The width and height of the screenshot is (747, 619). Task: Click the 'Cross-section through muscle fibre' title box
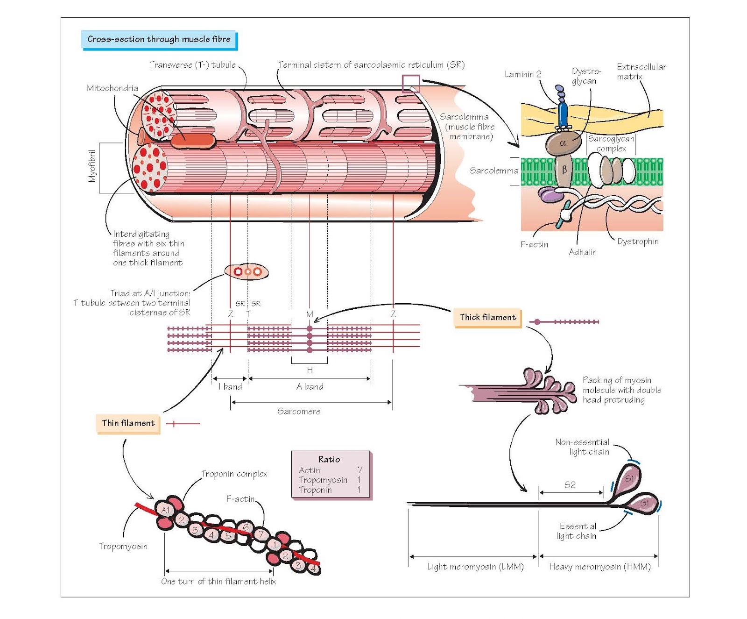coord(159,39)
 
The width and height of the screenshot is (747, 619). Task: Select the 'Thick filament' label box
coord(487,317)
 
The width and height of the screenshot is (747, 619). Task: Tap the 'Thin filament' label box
coord(128,423)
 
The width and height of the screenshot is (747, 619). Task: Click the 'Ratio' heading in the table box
coord(329,459)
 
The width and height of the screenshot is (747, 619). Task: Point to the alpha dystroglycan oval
coord(562,143)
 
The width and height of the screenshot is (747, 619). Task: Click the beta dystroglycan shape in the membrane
coord(564,170)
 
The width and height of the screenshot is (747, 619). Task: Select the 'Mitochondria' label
coord(113,88)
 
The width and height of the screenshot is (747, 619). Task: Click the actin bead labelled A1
coord(165,510)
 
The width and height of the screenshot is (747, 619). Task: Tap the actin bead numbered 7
coord(261,534)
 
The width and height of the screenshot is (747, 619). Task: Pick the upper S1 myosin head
coord(629,479)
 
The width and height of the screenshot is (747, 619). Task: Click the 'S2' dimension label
coord(570,485)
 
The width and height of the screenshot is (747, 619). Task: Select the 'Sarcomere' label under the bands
coord(299,411)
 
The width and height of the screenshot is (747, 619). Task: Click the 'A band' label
coord(310,387)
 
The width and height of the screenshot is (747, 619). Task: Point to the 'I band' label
coord(230,387)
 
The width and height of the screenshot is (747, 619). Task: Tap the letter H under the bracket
coord(310,370)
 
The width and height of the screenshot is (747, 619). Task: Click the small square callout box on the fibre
coord(411,84)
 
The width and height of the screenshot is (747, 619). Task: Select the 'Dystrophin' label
coord(638,242)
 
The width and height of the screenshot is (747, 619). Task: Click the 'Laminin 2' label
coord(523,74)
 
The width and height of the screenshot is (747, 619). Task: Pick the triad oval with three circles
coord(247,271)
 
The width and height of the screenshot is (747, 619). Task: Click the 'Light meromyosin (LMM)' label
coord(475,567)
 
